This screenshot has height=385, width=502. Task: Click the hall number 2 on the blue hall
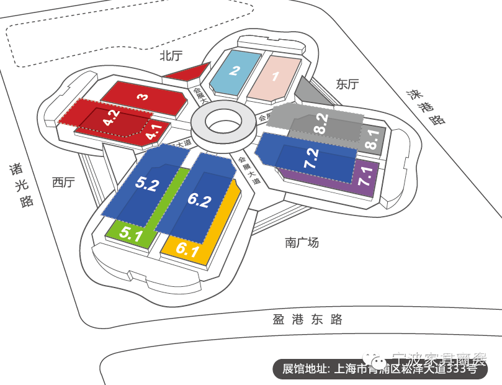[x=235, y=71]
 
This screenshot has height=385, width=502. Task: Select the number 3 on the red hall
[x=143, y=97]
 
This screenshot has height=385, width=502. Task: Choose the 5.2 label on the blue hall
[x=148, y=184]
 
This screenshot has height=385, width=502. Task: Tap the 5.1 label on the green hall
[x=132, y=235]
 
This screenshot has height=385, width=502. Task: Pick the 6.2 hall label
[x=199, y=200]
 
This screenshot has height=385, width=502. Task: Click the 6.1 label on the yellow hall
[x=187, y=251]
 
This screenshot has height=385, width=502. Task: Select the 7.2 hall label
[x=312, y=159]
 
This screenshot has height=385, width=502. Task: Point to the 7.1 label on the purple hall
[x=365, y=176]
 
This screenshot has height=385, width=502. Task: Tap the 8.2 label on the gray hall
[x=321, y=124]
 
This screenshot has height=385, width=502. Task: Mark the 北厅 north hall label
[x=171, y=56]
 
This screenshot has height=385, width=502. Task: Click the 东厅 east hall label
[x=347, y=84]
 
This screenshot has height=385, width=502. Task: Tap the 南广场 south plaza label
[x=302, y=242]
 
